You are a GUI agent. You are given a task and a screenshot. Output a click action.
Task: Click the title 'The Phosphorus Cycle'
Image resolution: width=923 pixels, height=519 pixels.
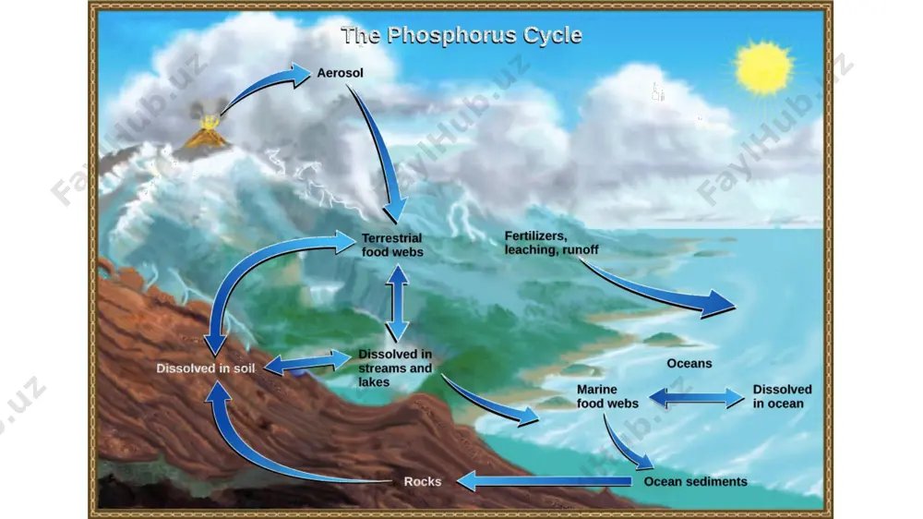(461, 35)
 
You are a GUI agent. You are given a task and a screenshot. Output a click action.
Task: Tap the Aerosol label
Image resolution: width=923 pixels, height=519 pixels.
(340, 73)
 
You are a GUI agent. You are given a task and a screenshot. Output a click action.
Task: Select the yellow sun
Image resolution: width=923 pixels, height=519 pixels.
(763, 67)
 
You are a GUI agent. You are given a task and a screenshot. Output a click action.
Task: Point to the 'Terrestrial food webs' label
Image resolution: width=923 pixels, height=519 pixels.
(392, 245)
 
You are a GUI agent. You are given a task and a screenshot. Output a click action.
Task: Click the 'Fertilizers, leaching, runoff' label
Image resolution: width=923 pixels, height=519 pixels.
(551, 243)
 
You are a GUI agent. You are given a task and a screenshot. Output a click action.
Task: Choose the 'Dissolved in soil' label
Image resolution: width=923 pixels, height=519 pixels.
(206, 368)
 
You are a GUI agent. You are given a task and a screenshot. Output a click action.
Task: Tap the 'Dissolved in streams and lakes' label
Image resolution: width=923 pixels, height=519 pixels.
(395, 368)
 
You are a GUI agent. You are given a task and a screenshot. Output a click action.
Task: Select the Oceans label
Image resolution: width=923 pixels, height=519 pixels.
(689, 364)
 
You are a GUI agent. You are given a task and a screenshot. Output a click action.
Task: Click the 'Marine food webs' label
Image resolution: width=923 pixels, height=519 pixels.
(607, 396)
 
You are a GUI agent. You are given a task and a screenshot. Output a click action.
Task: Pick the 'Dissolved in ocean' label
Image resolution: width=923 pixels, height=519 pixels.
(782, 396)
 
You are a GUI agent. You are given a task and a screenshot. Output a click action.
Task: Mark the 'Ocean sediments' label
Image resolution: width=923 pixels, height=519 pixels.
(695, 482)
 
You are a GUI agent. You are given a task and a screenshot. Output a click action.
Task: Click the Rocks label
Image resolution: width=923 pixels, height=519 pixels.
(422, 482)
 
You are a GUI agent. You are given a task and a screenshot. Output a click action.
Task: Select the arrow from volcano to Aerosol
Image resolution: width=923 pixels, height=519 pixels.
(262, 84)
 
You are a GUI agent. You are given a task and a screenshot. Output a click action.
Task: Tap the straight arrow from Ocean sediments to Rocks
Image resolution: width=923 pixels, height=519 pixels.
(544, 481)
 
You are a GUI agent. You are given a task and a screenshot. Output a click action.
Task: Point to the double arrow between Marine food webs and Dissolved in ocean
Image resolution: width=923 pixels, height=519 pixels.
(696, 398)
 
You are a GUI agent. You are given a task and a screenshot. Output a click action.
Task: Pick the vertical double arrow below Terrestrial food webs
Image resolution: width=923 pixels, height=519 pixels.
(398, 303)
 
